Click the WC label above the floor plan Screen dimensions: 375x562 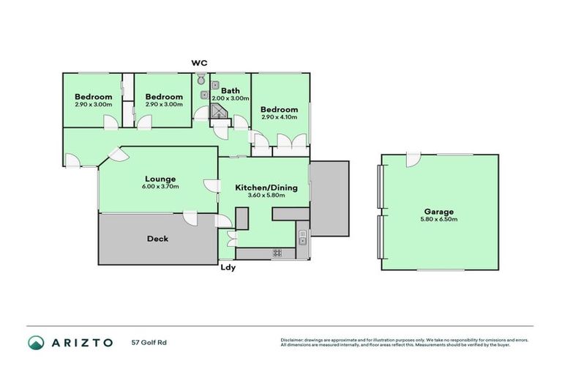199,63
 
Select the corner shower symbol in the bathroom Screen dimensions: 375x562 219,111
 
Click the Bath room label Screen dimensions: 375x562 231,91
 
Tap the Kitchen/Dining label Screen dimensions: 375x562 266,187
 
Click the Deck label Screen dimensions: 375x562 157,238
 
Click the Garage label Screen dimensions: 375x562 438,212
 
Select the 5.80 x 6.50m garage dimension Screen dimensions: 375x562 438,220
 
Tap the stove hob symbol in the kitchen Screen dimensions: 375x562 278,253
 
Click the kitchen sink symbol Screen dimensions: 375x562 302,234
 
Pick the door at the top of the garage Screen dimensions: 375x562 413,159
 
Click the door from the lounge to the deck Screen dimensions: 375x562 190,217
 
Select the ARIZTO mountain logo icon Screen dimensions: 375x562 36,342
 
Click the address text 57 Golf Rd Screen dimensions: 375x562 146,342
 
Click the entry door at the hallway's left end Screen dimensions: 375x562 71,159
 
